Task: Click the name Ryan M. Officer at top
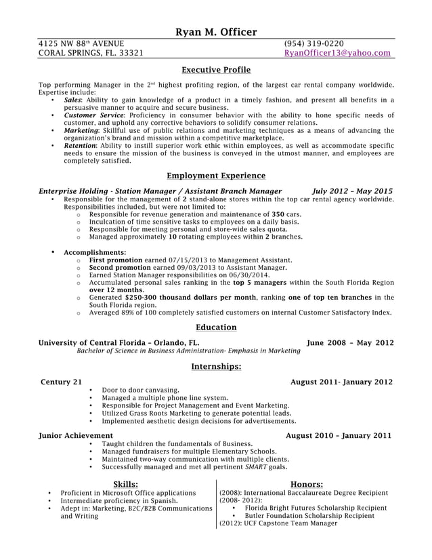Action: tap(216, 32)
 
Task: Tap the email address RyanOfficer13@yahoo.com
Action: tap(337, 53)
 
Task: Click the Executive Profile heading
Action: tap(216, 70)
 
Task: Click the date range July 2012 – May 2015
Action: tap(352, 191)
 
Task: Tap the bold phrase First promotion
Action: tap(115, 260)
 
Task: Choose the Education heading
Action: tap(216, 327)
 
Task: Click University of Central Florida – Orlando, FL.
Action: tap(119, 343)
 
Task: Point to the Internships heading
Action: tap(216, 367)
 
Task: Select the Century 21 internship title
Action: tap(62, 382)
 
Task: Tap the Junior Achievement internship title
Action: tap(76, 435)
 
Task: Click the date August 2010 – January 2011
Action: tap(339, 435)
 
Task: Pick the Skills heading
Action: tap(126, 484)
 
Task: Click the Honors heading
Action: tap(306, 484)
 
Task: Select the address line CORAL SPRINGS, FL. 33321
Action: tap(91, 53)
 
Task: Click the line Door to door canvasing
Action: tap(141, 391)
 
